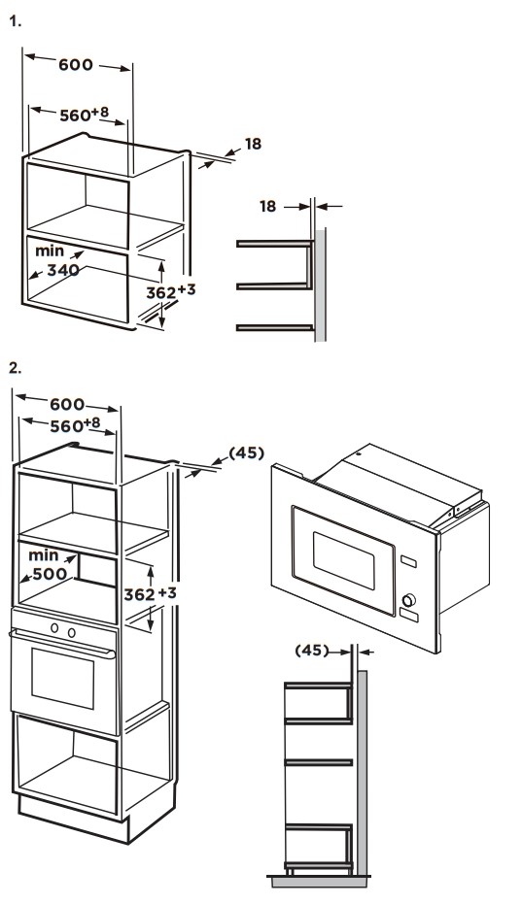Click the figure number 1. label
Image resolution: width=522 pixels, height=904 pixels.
16,22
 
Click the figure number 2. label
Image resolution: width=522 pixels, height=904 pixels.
16,368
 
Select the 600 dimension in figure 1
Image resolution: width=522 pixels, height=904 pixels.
76,64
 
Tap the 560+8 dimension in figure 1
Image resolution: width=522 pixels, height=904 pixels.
85,114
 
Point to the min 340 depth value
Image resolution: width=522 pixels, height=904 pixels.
57,260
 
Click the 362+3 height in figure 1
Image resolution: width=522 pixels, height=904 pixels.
170,291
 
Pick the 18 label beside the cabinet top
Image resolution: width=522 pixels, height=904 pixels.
253,144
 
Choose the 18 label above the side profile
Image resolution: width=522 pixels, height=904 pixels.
268,206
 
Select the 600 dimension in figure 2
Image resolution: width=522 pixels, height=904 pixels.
67,404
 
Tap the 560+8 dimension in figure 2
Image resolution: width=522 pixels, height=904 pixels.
75,425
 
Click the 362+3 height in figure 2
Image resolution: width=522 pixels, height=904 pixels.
150,593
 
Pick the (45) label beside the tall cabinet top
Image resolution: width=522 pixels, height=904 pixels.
247,453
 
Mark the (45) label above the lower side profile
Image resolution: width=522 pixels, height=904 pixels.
312,651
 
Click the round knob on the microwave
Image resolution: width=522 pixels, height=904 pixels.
408,601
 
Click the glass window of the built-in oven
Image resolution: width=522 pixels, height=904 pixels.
63,679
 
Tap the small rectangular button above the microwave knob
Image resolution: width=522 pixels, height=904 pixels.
409,561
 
